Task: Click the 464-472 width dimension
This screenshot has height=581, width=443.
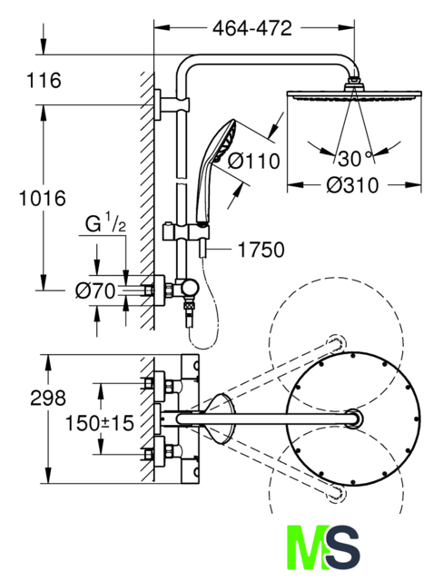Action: [252, 28]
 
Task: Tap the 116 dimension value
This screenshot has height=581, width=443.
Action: [44, 80]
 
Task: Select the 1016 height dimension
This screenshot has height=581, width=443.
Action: [43, 198]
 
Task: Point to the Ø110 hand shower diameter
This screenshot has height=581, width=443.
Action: [253, 161]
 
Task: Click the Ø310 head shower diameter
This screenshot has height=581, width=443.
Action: [352, 185]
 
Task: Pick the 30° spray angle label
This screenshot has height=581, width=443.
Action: [355, 159]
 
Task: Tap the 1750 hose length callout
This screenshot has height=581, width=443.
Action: [261, 250]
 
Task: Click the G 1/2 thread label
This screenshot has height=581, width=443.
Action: [105, 223]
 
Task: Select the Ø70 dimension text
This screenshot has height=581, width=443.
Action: [94, 290]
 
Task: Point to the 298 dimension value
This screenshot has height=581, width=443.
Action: [48, 398]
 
